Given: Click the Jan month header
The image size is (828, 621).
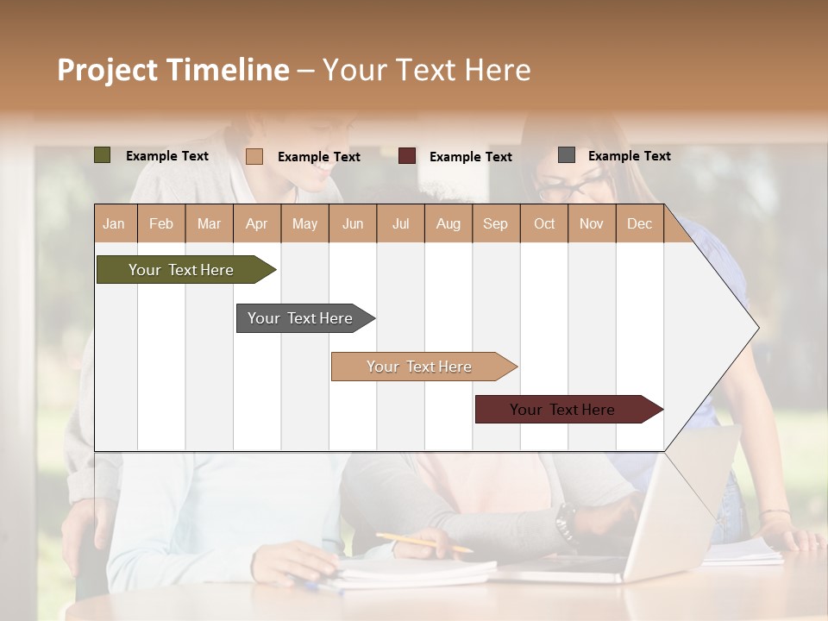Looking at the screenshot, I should pos(114,223).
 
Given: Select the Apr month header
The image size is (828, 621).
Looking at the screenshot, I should pos(256,223).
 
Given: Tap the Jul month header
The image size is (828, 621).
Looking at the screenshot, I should pos(400,223).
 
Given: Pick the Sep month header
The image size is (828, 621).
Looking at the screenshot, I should pos(495,223).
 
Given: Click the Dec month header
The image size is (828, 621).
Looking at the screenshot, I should pos(639,223).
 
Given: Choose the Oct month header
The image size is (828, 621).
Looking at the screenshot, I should pos(543,223).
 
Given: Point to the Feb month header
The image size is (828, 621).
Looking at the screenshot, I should pos(161,223).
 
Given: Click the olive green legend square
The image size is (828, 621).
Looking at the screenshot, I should pos(103,155).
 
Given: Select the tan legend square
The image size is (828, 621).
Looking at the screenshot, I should pos(254,156).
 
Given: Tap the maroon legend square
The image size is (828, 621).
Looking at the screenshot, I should pos(407,156).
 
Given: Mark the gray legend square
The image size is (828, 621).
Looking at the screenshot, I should pos(567,155).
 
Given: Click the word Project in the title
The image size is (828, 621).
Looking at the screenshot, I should pos(107,70).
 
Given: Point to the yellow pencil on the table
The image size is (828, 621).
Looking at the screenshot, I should pos(423,543).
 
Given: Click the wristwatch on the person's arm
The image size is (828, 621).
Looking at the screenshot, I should pos(566,520).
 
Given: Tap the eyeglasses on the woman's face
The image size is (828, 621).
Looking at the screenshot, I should pos(574,185).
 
